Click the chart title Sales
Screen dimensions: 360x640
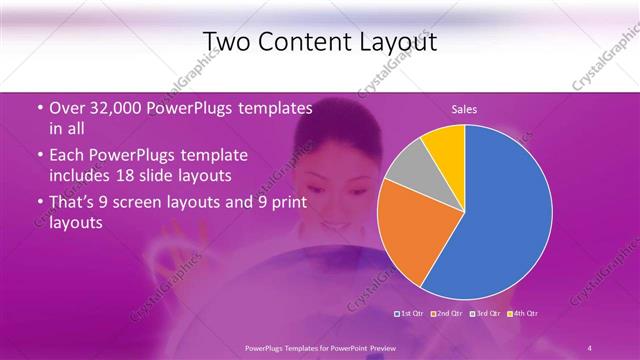[464, 108]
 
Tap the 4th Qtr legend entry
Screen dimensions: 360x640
[524, 314]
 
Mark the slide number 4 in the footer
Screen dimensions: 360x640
[590, 347]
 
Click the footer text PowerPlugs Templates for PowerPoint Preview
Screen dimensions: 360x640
[320, 347]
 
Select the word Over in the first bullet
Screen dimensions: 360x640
[66, 108]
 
